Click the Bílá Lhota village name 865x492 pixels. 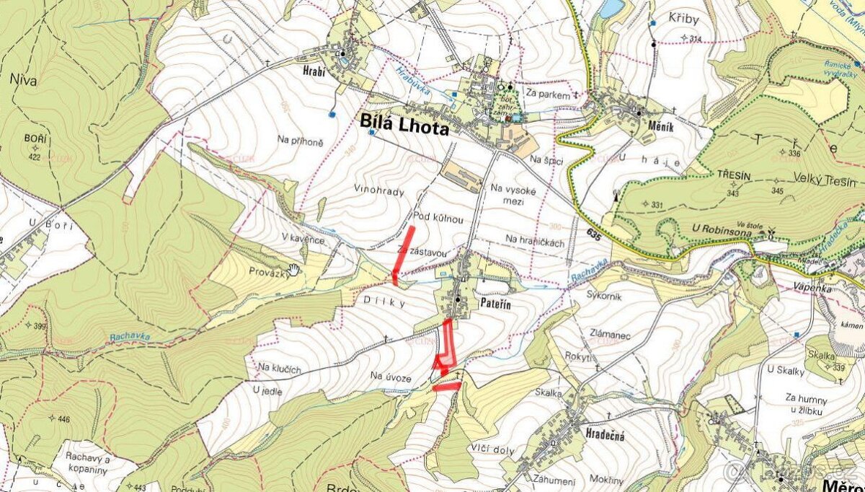pyautogui.click(x=404, y=128)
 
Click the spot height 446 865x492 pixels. pyautogui.click(x=63, y=418)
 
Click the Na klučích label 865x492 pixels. pyautogui.click(x=277, y=369)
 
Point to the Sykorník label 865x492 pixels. pyautogui.click(x=604, y=296)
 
